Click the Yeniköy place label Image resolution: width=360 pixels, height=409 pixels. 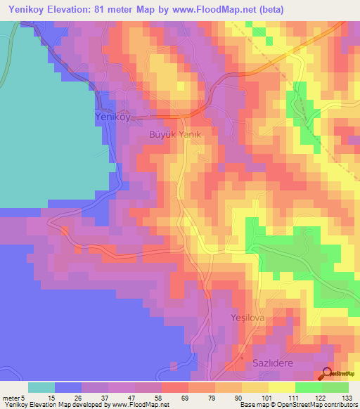click(113, 119)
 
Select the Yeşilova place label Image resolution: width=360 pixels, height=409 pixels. click(246, 318)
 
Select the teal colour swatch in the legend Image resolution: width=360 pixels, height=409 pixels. click(41, 387)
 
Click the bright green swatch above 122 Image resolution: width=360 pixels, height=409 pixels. click(309, 387)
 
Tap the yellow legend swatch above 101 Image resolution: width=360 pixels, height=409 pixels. click(255, 387)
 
